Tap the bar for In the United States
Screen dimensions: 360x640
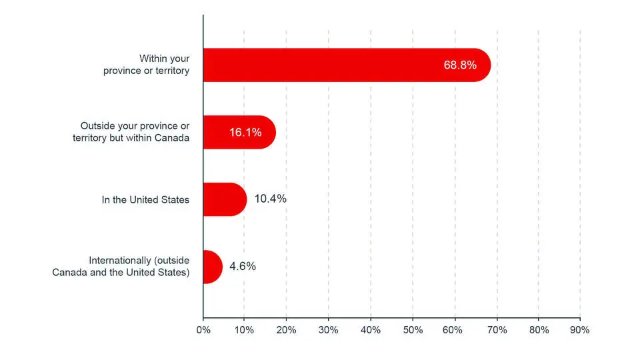click(224, 199)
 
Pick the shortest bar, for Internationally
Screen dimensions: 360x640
click(212, 267)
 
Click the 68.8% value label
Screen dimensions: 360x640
click(459, 65)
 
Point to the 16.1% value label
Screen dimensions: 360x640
click(245, 132)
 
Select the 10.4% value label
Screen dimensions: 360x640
click(271, 199)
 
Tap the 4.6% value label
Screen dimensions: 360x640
click(243, 267)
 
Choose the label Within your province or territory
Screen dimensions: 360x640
click(146, 65)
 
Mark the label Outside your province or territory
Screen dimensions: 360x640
click(131, 132)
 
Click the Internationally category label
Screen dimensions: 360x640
click(121, 267)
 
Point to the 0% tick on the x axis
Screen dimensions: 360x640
click(203, 330)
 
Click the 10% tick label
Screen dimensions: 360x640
click(244, 330)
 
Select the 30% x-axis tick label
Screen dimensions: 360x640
click(328, 330)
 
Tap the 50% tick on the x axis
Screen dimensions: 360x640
click(412, 330)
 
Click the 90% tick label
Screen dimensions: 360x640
click(580, 330)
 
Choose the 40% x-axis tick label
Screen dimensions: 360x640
click(370, 330)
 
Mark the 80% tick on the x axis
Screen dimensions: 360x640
click(538, 330)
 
